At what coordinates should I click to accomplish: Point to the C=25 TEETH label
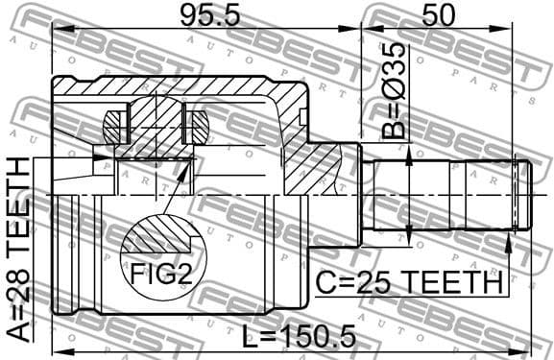411,283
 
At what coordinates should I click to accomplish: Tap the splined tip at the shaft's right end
520,195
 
